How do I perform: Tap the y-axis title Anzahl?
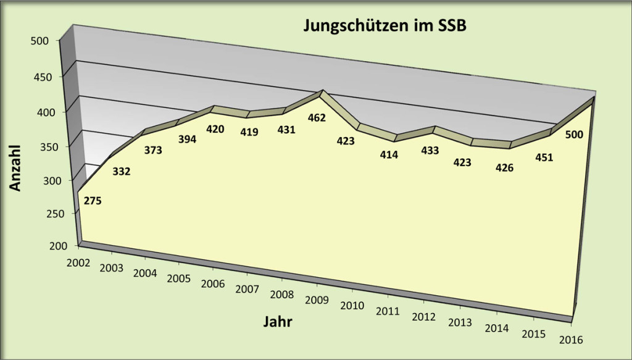(15, 168)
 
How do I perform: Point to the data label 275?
(93, 200)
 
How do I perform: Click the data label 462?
(317, 117)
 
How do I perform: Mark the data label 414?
(389, 155)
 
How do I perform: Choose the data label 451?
(544, 157)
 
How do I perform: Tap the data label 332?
(122, 171)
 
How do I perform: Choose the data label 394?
(187, 140)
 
